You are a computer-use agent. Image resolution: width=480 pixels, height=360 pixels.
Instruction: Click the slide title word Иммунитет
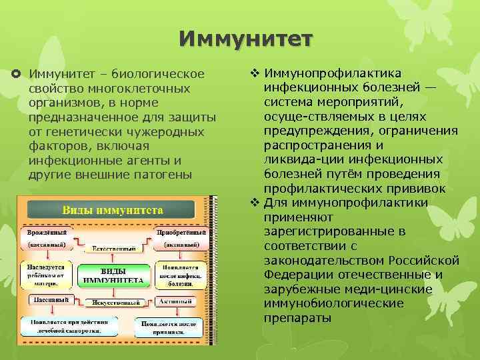coord(245,38)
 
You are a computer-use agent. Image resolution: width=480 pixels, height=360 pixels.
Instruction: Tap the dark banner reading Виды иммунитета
coord(113,210)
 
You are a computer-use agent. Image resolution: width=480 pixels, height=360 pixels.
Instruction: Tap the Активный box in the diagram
coord(175,301)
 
